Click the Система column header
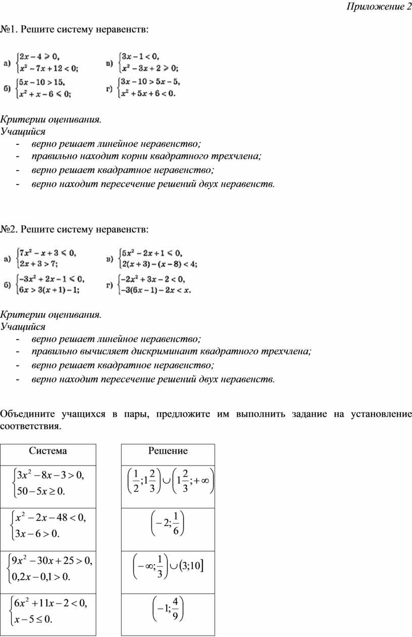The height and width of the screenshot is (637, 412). tap(48, 451)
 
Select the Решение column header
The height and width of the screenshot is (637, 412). tap(168, 451)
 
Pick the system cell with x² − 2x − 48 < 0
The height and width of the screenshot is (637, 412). tap(48, 525)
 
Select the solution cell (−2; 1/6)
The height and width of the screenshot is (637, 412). tap(168, 525)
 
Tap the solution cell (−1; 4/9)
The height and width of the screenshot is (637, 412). tap(168, 610)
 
